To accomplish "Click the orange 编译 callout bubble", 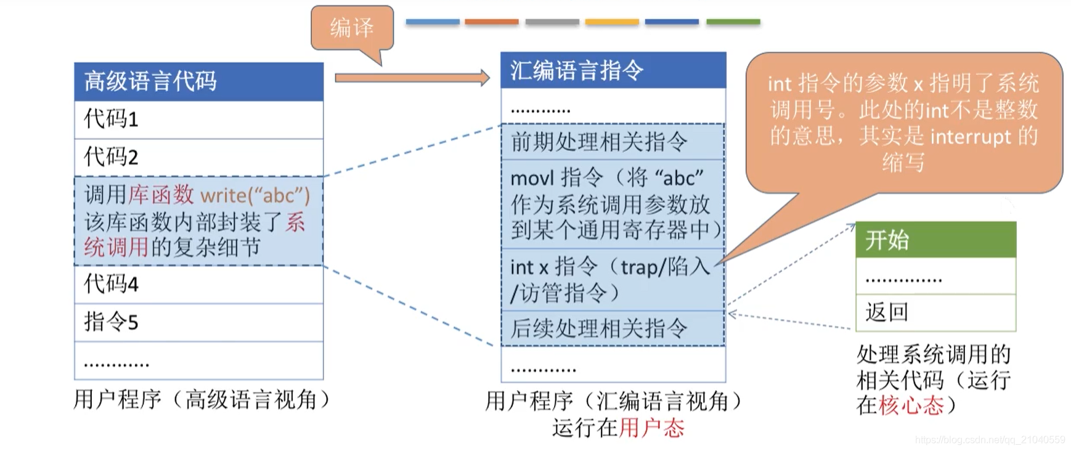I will coord(352,28).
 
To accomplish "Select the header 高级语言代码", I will coord(198,81).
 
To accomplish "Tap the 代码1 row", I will coord(198,119).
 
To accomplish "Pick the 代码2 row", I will coord(198,157).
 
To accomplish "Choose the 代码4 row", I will coord(198,284).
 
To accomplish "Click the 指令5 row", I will coord(198,322).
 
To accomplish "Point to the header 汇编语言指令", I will coord(613,70).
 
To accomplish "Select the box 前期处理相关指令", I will coord(613,142).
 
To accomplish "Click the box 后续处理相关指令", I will coord(613,328).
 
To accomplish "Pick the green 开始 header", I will coord(935,240).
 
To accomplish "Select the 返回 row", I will coord(935,312).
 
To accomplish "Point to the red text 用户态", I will coord(651,428).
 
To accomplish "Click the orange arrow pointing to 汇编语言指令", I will coord(412,78).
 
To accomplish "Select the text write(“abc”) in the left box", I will coord(255,195).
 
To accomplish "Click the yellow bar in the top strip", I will coord(611,22).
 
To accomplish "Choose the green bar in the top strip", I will coord(733,22).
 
